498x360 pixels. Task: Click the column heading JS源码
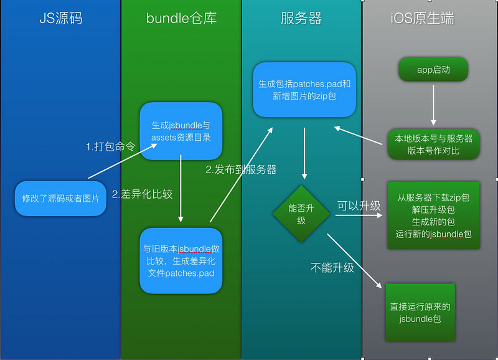click(x=60, y=18)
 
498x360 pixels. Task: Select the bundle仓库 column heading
click(x=181, y=18)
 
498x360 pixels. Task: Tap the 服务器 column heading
click(x=301, y=18)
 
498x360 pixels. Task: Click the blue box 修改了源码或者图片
click(x=60, y=199)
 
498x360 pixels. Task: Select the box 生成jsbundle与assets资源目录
click(x=181, y=131)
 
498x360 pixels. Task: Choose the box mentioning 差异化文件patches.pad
click(x=181, y=261)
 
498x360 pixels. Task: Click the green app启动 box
click(x=433, y=70)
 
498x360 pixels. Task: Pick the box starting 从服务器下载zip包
click(x=433, y=216)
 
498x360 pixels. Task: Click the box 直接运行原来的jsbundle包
click(x=420, y=312)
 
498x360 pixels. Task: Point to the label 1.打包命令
click(x=110, y=148)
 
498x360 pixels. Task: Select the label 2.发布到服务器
click(x=241, y=169)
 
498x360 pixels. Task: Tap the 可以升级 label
click(x=359, y=206)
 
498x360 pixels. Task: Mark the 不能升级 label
click(x=332, y=268)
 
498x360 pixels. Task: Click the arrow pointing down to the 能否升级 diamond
click(x=304, y=153)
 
